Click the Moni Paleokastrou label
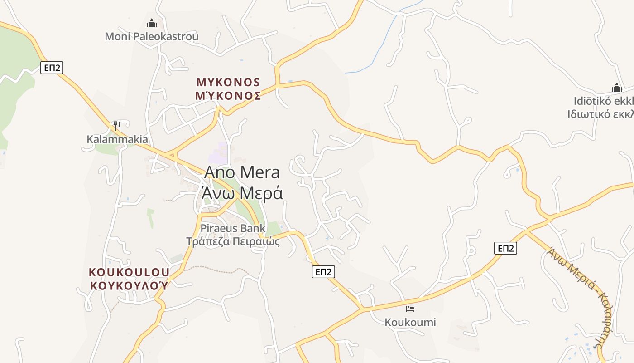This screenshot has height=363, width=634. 151,36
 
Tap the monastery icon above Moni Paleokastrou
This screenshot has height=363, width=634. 152,23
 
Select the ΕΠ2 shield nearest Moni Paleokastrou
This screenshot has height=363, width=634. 52,68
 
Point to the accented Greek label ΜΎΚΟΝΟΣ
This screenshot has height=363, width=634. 228,96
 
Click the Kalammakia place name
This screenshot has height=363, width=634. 117,139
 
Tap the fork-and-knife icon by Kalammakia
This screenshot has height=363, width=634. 117,126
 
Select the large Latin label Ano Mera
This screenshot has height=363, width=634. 242,172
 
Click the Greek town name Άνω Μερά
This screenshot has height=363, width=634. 242,193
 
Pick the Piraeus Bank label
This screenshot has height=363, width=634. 233,228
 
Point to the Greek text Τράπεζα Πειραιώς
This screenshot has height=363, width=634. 233,241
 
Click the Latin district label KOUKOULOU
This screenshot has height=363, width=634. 129,272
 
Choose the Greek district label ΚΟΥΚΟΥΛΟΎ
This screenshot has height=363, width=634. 129,285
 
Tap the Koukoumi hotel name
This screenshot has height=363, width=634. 410,322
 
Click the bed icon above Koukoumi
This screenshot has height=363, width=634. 410,309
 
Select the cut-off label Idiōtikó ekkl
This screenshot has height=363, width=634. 603,101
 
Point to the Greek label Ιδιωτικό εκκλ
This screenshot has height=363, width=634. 600,113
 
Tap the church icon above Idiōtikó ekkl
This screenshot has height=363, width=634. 616,88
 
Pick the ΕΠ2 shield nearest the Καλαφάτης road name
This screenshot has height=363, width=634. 505,248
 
